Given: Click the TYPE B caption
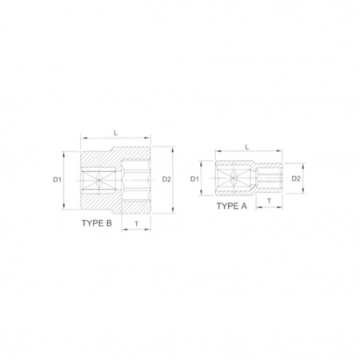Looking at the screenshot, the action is pyautogui.click(x=97, y=223).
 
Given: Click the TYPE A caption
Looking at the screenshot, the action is pyautogui.click(x=232, y=206).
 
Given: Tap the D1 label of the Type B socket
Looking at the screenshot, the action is pyautogui.click(x=57, y=180).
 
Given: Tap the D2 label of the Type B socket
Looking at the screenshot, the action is pyautogui.click(x=166, y=179).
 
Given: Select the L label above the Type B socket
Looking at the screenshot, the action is pyautogui.click(x=116, y=133).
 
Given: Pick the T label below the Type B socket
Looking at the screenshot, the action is pyautogui.click(x=137, y=224).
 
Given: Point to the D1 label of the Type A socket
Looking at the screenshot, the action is pyautogui.click(x=194, y=179).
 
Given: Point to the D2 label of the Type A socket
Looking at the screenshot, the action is pyautogui.click(x=296, y=178).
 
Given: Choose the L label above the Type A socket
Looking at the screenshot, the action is pyautogui.click(x=247, y=147).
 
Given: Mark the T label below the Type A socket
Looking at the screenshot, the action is pyautogui.click(x=270, y=201).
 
